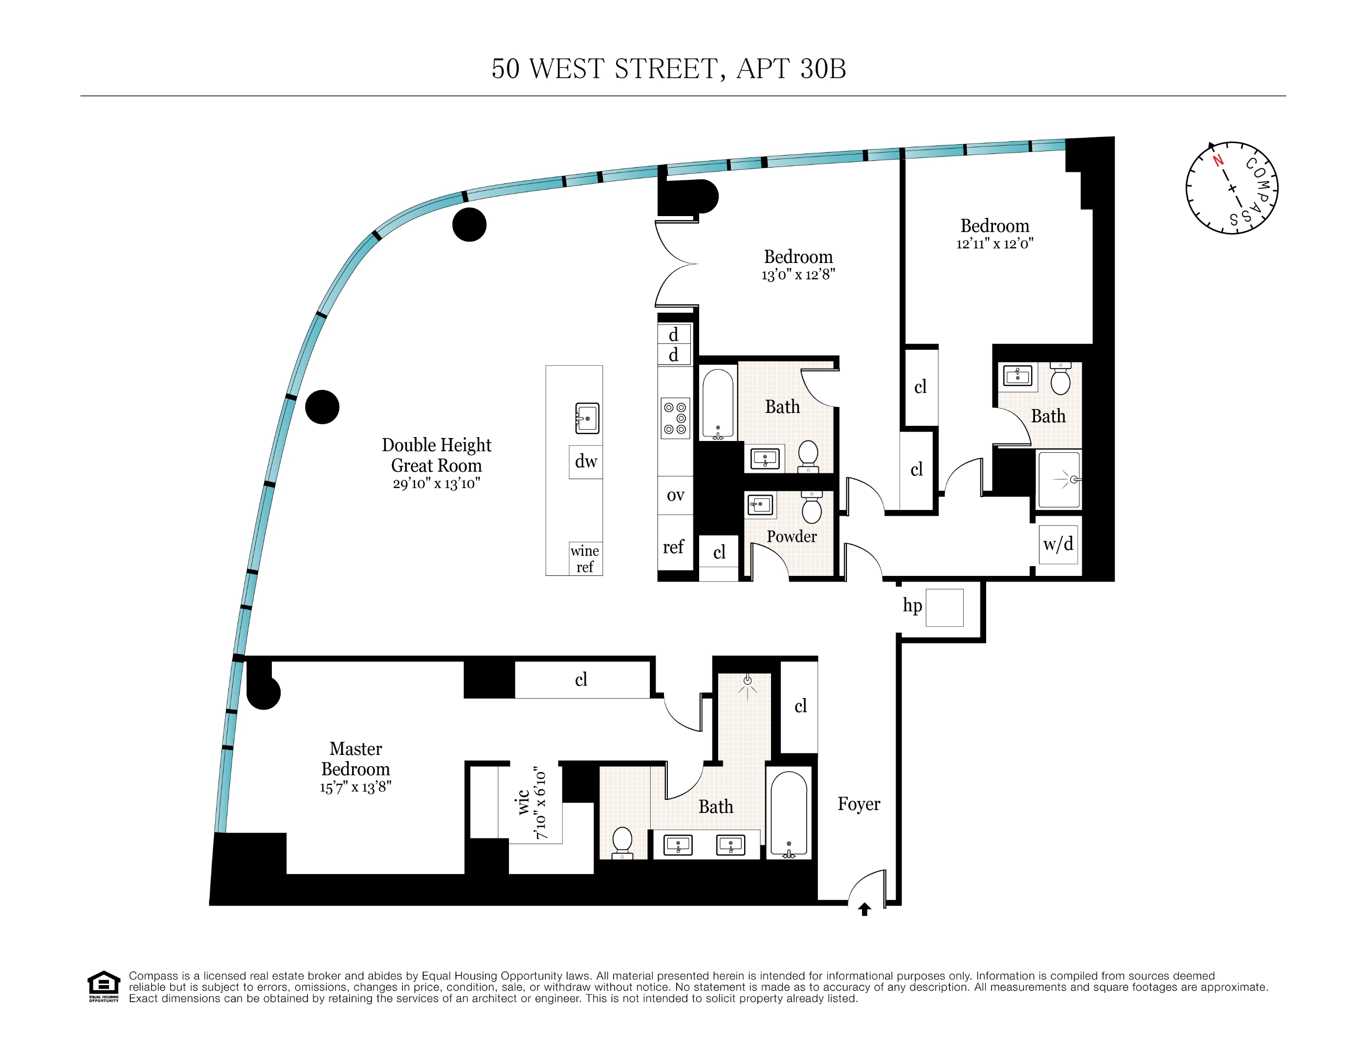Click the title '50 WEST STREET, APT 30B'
click(668, 69)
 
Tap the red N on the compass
click(1217, 160)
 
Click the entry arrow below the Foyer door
click(864, 909)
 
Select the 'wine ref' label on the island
click(585, 558)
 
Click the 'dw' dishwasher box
click(586, 462)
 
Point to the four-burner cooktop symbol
click(675, 418)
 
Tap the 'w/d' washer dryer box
click(1058, 544)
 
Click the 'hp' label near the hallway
click(912, 605)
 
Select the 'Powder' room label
click(791, 536)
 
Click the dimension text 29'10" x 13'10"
click(436, 483)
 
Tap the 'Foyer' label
click(859, 804)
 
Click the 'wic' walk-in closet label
click(523, 802)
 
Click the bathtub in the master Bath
click(789, 814)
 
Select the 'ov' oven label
click(675, 495)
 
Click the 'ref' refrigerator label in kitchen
click(674, 547)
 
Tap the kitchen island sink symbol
click(587, 418)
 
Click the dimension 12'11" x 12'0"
click(994, 243)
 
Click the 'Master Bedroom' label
click(355, 759)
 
